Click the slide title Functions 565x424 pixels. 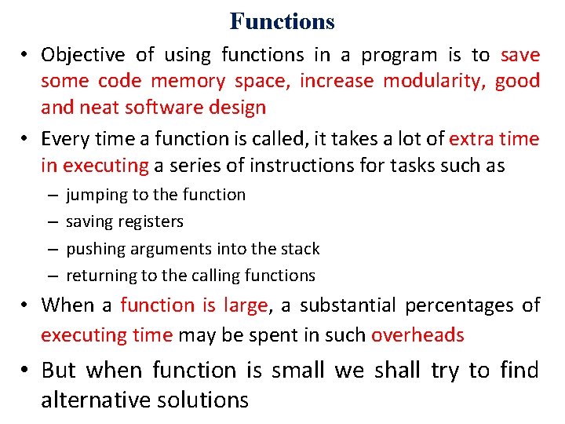pos(282,21)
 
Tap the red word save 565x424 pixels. pos(519,55)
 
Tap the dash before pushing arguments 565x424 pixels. pos(50,249)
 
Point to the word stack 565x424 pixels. pos(299,249)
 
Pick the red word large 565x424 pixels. pos(245,305)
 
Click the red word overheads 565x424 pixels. pos(417,335)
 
